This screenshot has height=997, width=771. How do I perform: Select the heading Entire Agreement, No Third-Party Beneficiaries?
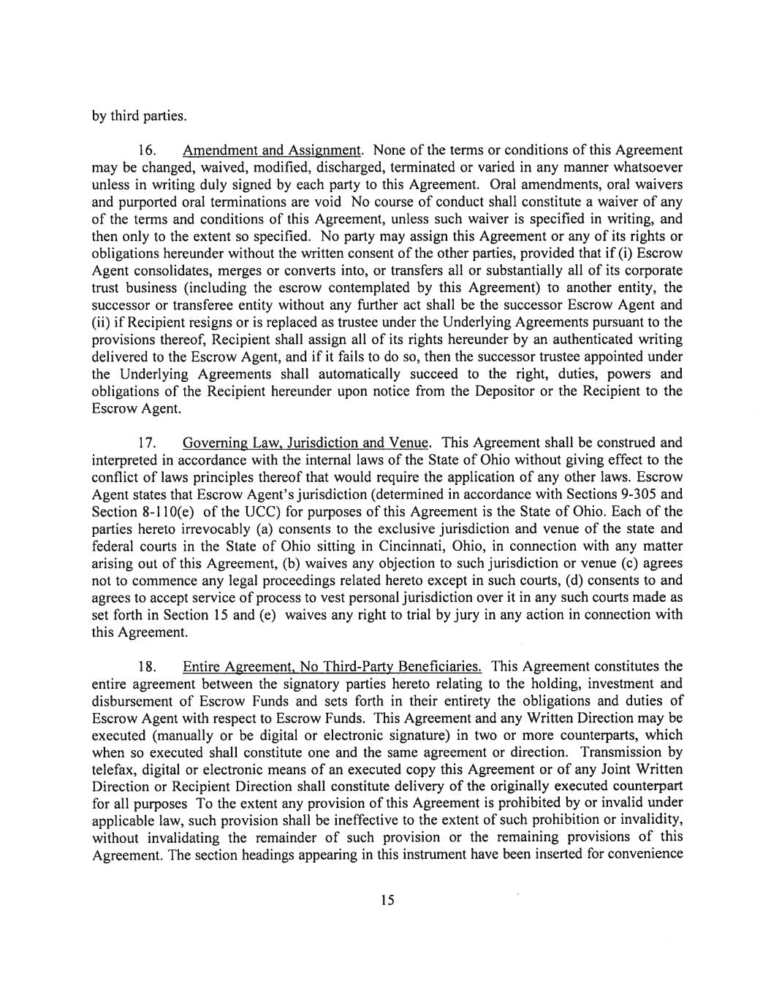(x=332, y=667)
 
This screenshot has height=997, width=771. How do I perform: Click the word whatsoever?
(x=643, y=167)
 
